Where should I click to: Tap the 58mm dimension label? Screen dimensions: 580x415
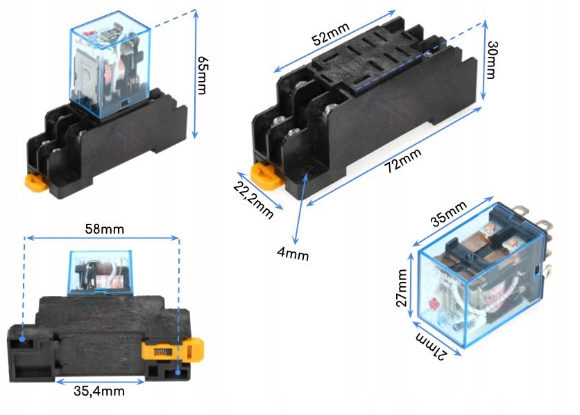[x=101, y=229]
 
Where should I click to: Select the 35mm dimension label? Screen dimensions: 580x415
[x=448, y=214]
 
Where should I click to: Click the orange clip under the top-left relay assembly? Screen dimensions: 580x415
[x=36, y=182]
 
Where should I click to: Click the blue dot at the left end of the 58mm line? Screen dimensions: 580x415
[x=24, y=339]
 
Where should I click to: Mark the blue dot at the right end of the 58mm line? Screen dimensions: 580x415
[x=178, y=372]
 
